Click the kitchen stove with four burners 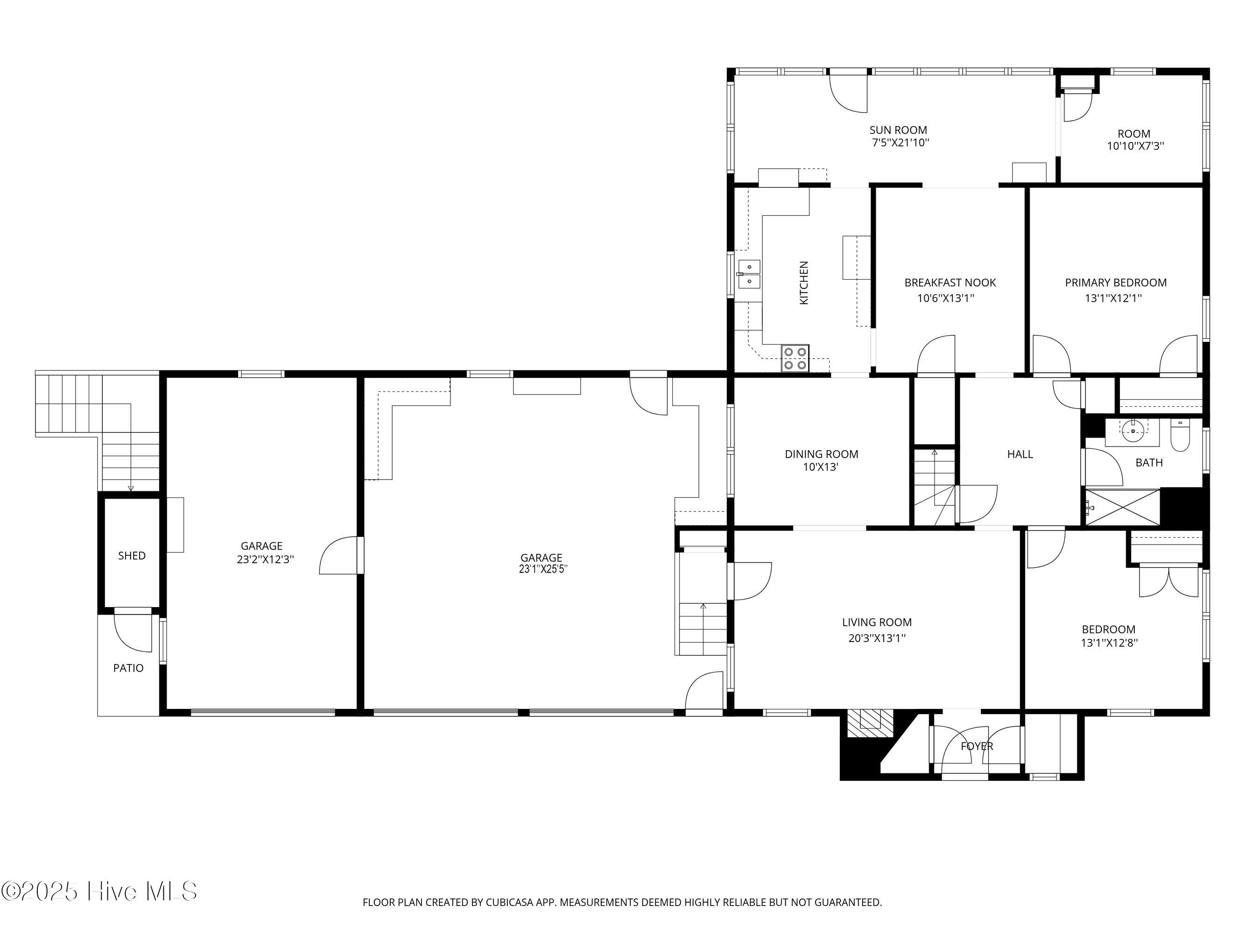(795, 358)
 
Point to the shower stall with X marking (1122, 508)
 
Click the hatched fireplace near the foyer (870, 722)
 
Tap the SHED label (132, 556)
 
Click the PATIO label (128, 668)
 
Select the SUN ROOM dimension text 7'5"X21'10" (900, 143)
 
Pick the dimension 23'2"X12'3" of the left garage (266, 559)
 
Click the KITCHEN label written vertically (804, 283)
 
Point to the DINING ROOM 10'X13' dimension (821, 467)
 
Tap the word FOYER (977, 746)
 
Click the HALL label (1020, 454)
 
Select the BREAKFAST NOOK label (950, 283)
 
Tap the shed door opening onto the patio (133, 630)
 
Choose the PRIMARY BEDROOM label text (1116, 283)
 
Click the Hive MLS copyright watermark (99, 891)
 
